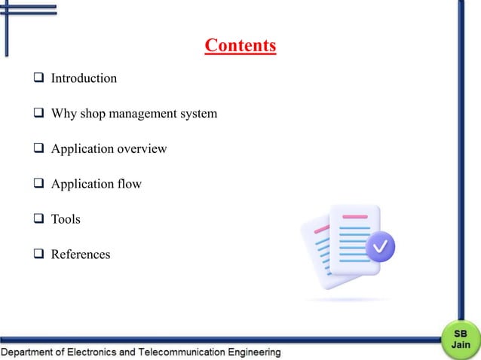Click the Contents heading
[240, 46]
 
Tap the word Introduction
[84, 78]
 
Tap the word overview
[141, 149]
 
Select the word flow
[129, 184]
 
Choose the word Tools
[66, 219]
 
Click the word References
[81, 255]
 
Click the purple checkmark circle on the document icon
[382, 246]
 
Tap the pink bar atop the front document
[354, 217]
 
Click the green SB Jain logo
[461, 338]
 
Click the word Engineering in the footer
[253, 352]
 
